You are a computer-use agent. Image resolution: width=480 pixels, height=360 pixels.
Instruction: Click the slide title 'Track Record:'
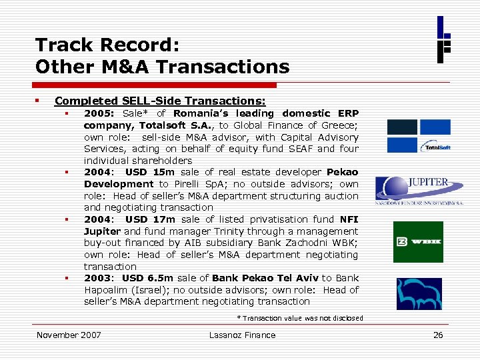(x=107, y=45)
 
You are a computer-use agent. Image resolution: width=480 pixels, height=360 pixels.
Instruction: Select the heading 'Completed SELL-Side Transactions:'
(x=160, y=101)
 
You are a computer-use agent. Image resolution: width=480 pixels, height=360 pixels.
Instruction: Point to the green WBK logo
(x=418, y=242)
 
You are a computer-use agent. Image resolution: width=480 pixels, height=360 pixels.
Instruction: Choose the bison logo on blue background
(x=419, y=293)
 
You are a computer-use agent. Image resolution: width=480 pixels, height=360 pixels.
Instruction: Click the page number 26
(x=438, y=335)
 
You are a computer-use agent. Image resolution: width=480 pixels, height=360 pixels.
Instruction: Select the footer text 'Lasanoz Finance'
(x=242, y=335)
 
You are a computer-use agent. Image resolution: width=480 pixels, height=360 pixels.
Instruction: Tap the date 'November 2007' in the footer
(x=69, y=335)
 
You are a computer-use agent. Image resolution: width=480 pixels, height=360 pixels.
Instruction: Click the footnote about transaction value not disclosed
(x=300, y=318)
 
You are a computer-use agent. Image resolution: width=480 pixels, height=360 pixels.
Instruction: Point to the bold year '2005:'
(x=100, y=114)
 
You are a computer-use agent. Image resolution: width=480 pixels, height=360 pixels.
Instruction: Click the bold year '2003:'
(x=99, y=278)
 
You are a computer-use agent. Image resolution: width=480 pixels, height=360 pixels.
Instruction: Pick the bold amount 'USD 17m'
(x=150, y=219)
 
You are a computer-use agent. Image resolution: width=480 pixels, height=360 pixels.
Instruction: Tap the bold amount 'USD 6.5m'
(x=154, y=278)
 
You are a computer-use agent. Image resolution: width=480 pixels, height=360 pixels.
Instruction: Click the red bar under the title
(x=156, y=85)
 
